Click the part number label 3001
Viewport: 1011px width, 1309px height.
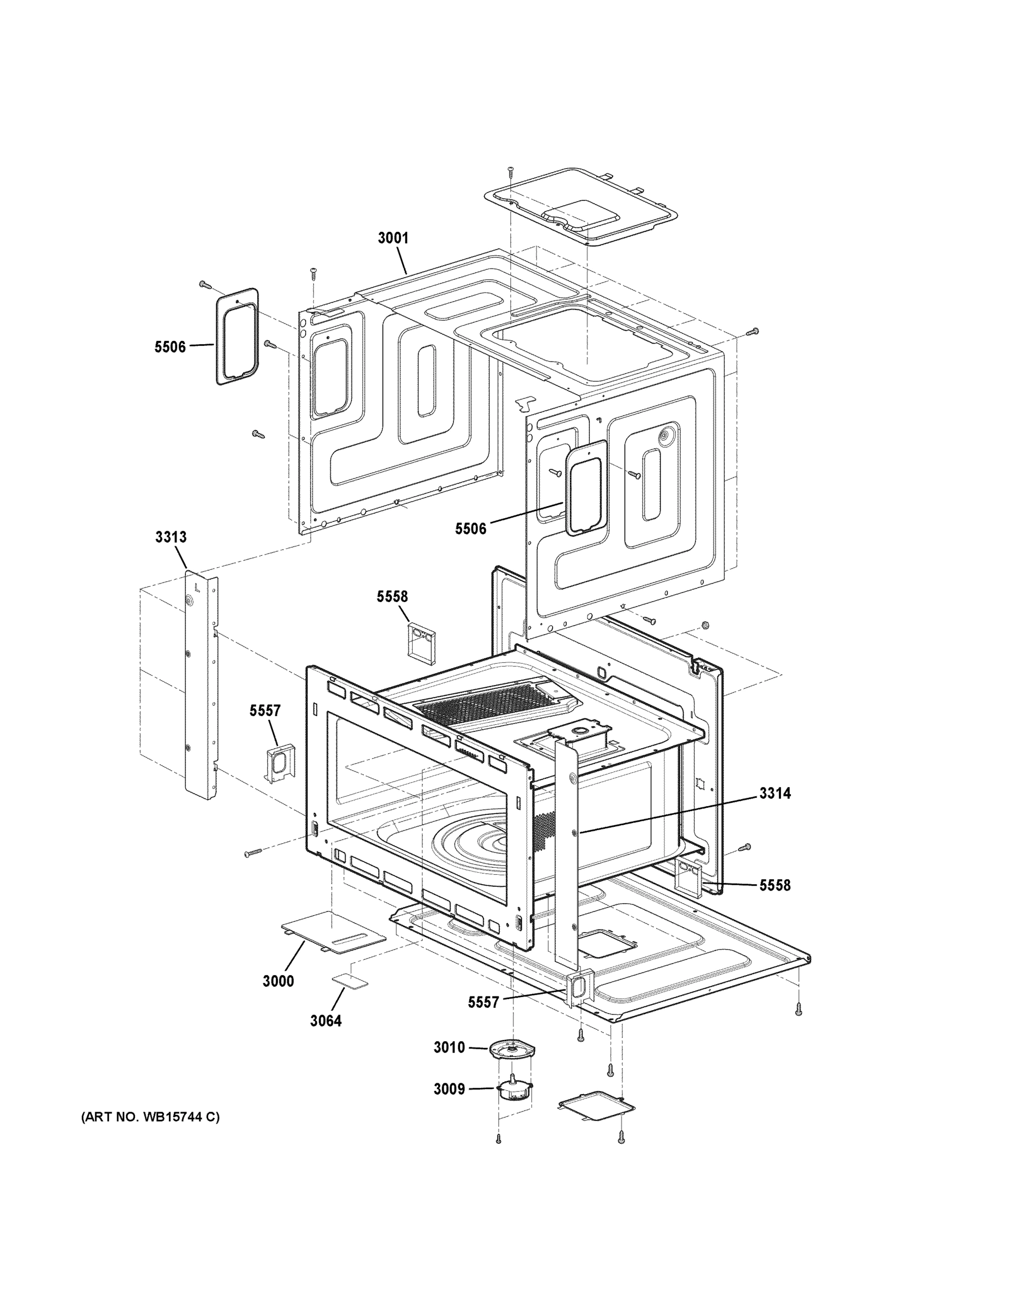(393, 238)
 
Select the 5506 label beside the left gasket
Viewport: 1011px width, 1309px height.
(170, 346)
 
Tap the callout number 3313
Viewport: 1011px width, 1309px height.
(171, 537)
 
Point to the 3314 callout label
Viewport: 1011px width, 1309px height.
(775, 793)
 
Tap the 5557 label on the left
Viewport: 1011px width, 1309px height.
(265, 710)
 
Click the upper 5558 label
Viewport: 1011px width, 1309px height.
(392, 596)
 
